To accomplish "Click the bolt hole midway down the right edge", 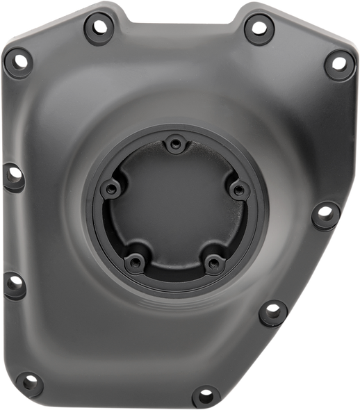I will (324, 209).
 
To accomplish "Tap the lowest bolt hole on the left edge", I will (15, 281).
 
